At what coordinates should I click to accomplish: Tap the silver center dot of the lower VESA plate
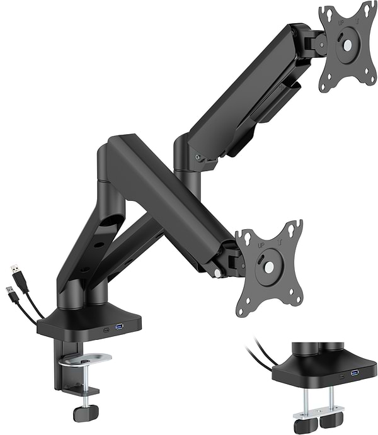tap(268, 267)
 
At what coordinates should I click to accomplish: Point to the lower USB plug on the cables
tap(11, 293)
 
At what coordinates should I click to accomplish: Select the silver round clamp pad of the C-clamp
tap(85, 359)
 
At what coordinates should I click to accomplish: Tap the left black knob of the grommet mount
tap(302, 425)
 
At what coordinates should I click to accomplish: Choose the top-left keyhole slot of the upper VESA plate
tap(326, 12)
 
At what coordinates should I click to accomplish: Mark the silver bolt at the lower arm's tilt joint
tap(217, 273)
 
